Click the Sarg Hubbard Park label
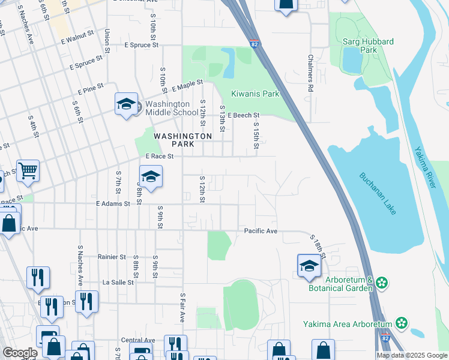tap(369, 46)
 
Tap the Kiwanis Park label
tap(256, 94)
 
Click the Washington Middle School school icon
tap(127, 104)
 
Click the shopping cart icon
tap(28, 172)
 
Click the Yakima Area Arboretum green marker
tap(401, 324)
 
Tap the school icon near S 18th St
tap(309, 266)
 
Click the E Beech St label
tap(243, 115)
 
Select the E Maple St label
tap(187, 86)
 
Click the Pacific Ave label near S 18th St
tap(261, 231)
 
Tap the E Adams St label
tap(113, 204)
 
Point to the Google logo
tap(19, 353)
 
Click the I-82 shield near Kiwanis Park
tap(254, 43)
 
